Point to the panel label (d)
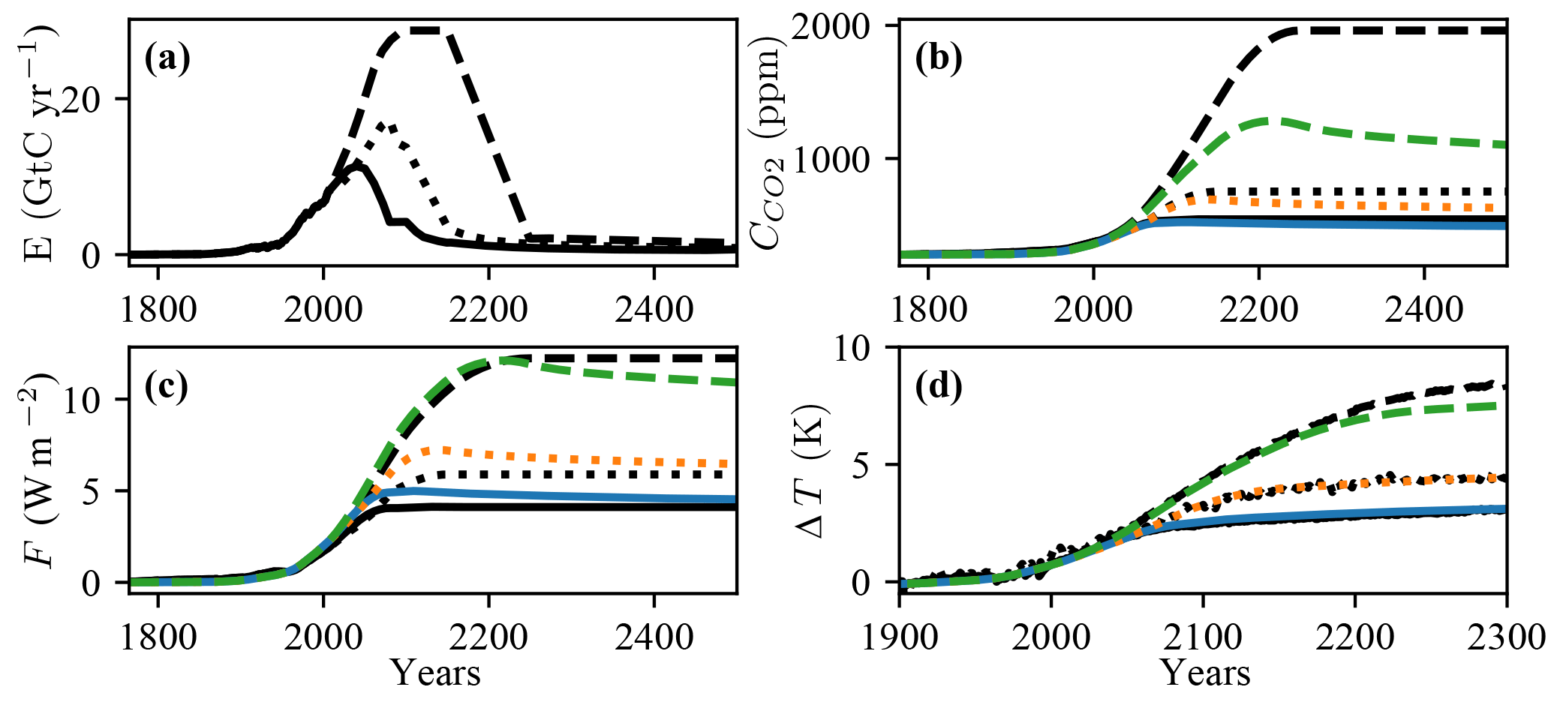tap(938, 388)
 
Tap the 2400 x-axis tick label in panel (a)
tap(654, 308)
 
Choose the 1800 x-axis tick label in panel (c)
tap(158, 637)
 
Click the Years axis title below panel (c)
tap(435, 673)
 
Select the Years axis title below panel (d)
tap(1206, 673)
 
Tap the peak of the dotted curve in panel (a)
tap(383, 124)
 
